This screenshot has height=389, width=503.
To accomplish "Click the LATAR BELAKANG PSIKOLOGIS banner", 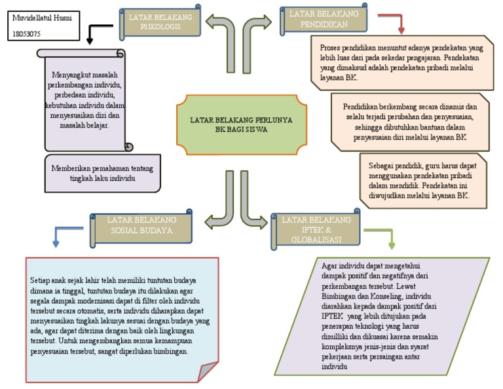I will (x=160, y=22).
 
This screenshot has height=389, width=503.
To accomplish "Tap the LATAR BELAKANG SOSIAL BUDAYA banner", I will (x=141, y=225).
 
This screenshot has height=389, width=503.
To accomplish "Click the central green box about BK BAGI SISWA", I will (x=241, y=125).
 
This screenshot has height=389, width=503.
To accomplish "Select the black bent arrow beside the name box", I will (x=98, y=31).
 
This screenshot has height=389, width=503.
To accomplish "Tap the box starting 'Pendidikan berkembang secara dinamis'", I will (x=409, y=121).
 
